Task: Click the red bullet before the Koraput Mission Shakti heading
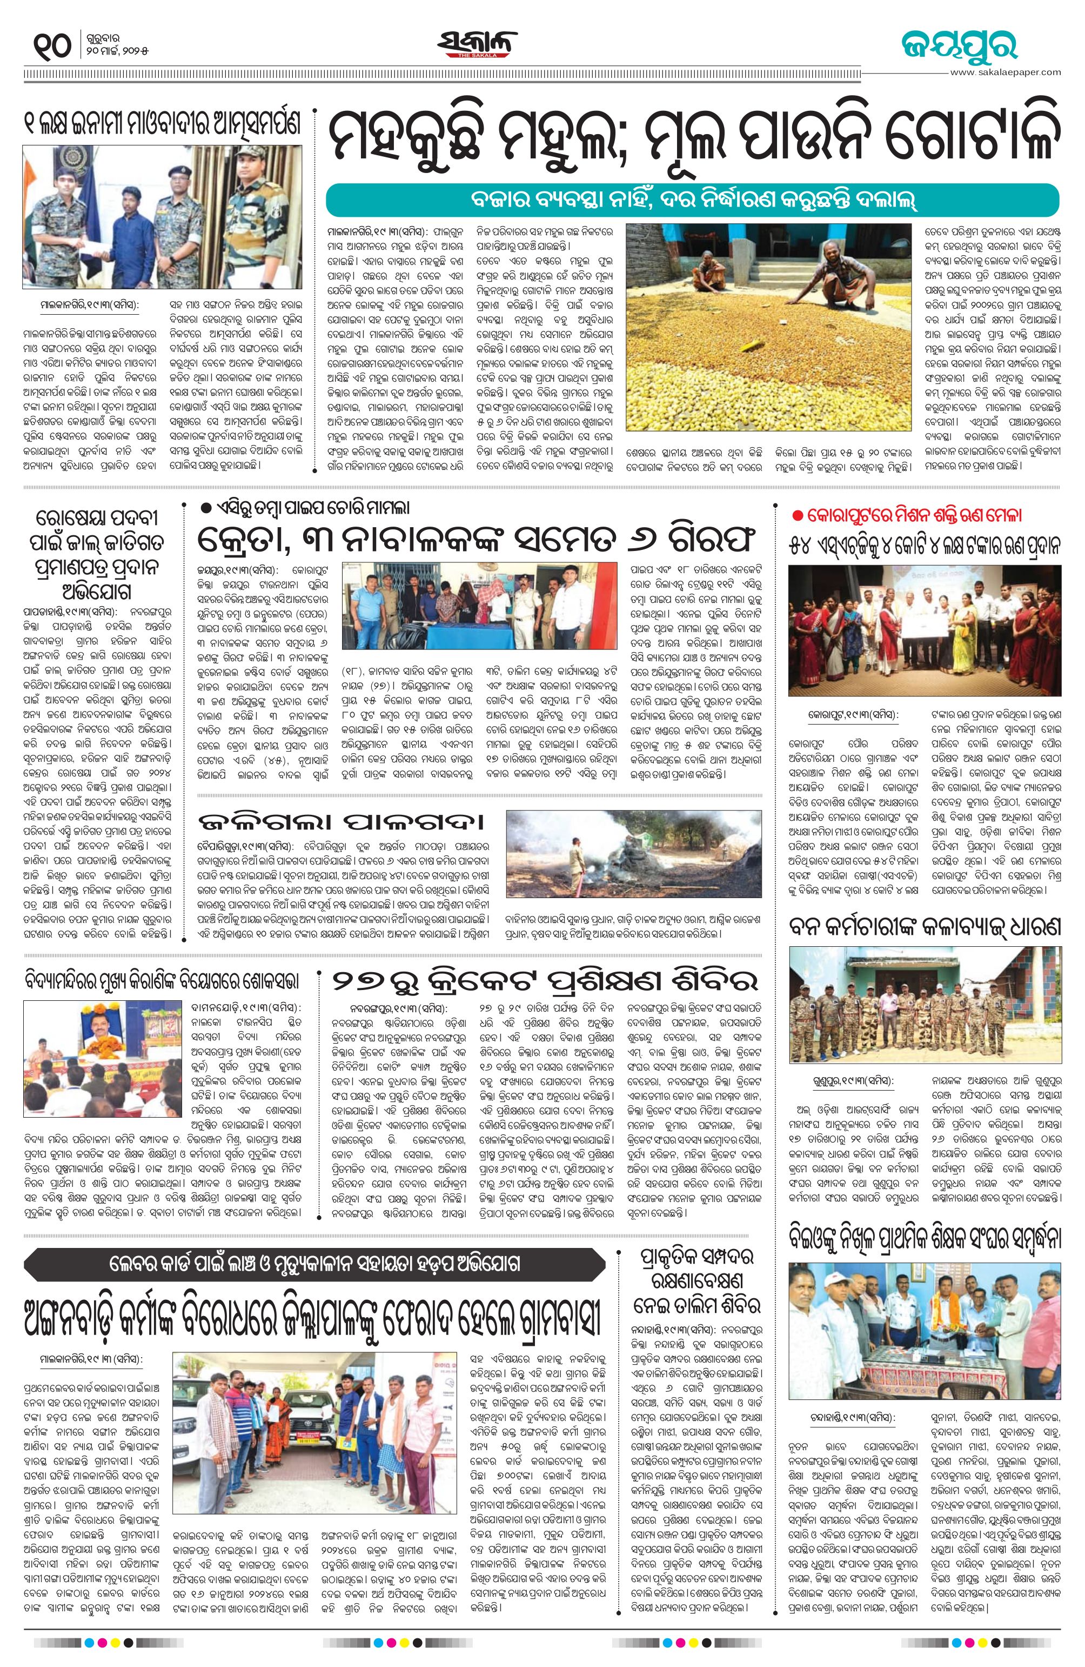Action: click(796, 515)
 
